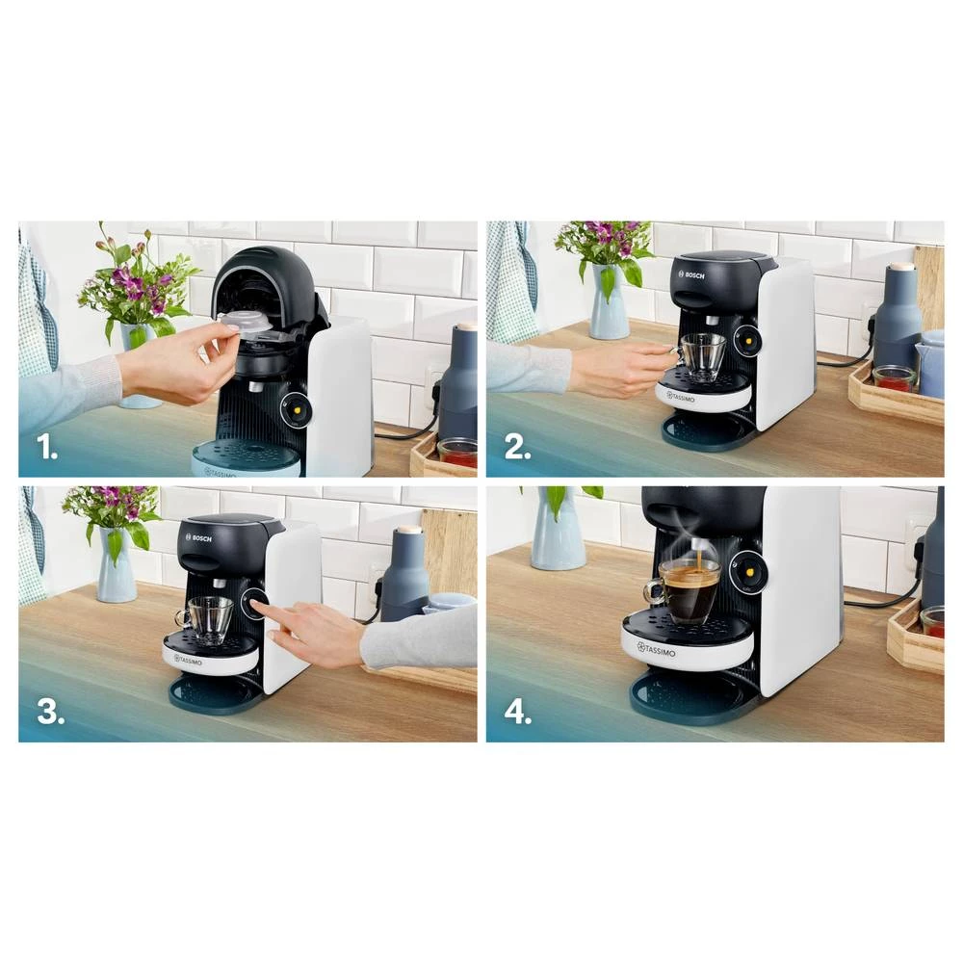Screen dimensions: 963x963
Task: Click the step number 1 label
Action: pyautogui.click(x=47, y=447)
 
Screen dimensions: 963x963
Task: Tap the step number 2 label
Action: pyautogui.click(x=518, y=447)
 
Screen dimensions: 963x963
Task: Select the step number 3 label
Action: pyautogui.click(x=50, y=712)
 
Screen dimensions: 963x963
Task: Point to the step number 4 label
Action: pyautogui.click(x=518, y=712)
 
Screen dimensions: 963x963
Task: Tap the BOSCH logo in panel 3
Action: pyautogui.click(x=198, y=538)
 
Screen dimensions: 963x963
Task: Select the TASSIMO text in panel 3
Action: pyautogui.click(x=188, y=660)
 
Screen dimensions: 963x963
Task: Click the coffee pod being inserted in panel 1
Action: pyautogui.click(x=247, y=324)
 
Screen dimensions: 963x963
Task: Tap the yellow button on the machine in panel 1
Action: pyautogui.click(x=296, y=409)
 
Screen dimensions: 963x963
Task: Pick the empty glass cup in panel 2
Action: pyautogui.click(x=702, y=355)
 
